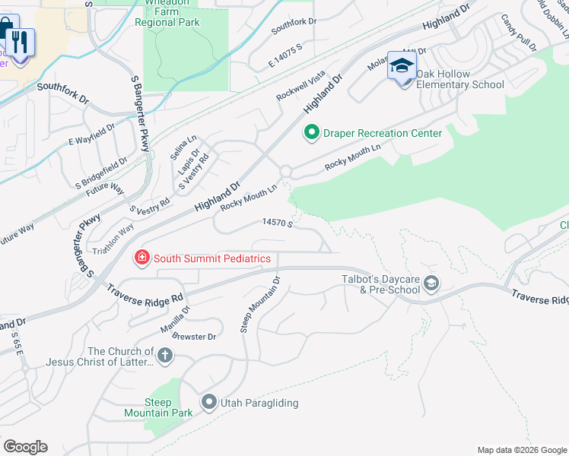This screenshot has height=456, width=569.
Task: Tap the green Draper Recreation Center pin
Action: (x=311, y=134)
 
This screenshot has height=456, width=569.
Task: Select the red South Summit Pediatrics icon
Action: (x=141, y=258)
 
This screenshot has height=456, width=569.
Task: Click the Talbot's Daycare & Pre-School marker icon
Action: (x=431, y=283)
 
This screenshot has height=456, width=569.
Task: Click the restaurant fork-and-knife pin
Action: (x=19, y=42)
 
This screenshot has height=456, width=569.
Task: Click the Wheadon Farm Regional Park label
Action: (x=167, y=14)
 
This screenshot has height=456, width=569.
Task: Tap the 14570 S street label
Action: (x=278, y=223)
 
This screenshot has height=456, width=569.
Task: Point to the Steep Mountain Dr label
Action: (x=261, y=305)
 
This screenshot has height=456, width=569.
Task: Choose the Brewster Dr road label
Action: (x=194, y=336)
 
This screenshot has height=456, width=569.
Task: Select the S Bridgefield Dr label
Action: (x=101, y=173)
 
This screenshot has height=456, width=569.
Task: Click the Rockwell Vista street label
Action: (x=300, y=85)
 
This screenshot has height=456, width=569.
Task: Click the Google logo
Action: (x=25, y=447)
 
